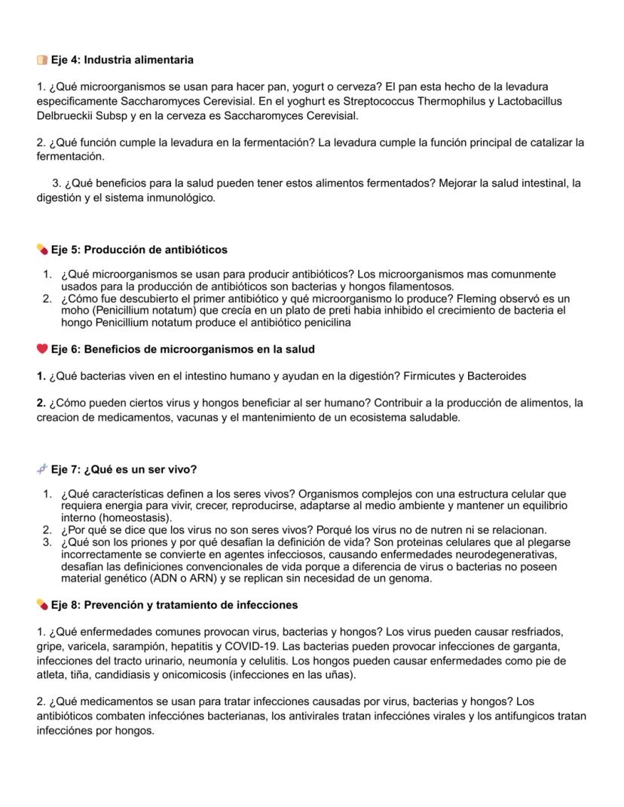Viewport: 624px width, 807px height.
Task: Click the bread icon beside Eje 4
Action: [x=42, y=60]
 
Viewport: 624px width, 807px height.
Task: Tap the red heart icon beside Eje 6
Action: [x=42, y=349]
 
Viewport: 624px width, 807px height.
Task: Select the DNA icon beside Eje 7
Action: [x=42, y=469]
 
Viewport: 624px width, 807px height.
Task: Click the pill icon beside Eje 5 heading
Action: [x=42, y=250]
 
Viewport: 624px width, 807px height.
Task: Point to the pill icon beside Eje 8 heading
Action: [x=42, y=605]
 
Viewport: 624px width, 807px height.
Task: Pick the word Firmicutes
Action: [x=432, y=376]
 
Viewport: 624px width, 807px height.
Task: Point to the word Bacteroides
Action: [x=497, y=376]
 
